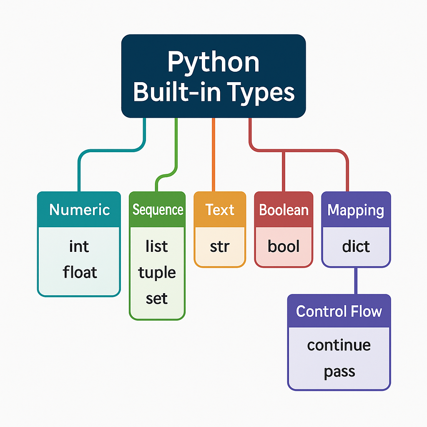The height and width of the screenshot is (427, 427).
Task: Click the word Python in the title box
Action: pos(213,63)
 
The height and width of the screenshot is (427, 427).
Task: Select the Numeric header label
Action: pos(79,209)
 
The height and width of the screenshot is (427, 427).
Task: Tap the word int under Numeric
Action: pos(79,246)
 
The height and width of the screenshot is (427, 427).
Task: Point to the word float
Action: pos(80,272)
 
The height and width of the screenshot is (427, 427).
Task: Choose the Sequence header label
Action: pos(158,209)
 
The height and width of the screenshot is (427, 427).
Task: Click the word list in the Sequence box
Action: pos(157,246)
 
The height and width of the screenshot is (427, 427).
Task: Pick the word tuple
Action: pos(157,273)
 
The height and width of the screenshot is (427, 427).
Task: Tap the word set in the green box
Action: pos(157,299)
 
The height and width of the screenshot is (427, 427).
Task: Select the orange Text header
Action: pos(220,209)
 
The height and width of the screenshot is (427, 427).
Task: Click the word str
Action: pos(220,246)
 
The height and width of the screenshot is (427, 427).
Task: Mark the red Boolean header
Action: pos(284,209)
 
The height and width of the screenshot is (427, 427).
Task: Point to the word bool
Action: pos(284,246)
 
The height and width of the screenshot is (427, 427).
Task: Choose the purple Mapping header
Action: pos(356,210)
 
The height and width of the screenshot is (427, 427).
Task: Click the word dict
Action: pos(356,246)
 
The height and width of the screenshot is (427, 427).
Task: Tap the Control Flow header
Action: pos(339,311)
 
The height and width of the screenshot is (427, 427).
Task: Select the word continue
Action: pos(339,345)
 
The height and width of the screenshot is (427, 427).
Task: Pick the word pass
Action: pos(339,371)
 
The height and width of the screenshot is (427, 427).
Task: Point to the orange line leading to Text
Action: pos(213,154)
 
